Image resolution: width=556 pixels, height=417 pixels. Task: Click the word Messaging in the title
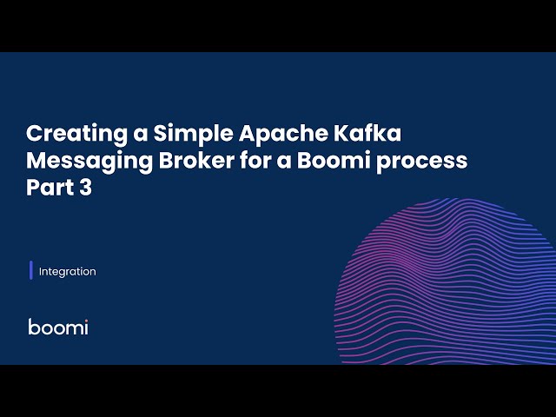[77, 162]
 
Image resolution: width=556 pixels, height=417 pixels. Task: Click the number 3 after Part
[85, 188]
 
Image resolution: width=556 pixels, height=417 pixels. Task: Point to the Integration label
[68, 271]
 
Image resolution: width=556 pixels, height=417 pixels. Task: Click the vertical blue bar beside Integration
[31, 270]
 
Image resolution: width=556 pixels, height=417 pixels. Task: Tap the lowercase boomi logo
[58, 327]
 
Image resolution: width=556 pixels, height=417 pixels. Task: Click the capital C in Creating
[34, 136]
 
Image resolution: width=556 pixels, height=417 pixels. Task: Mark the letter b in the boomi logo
[33, 327]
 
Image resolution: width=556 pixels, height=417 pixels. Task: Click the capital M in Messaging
[36, 162]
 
